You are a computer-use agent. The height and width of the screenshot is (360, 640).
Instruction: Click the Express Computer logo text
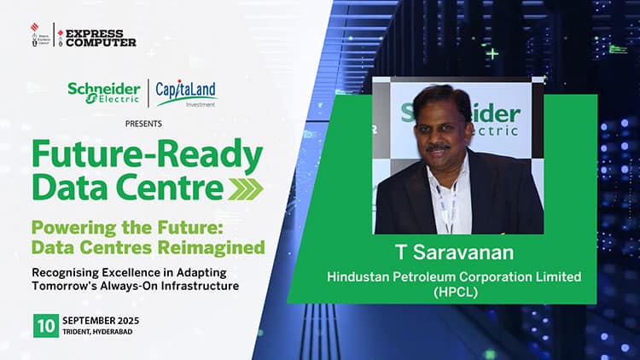pos(101,38)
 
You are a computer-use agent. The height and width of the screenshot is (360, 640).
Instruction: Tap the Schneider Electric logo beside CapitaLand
pos(104,94)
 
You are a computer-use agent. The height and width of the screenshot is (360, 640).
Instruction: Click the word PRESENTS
pos(143,124)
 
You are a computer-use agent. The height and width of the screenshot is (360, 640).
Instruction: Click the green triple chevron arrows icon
pos(245,189)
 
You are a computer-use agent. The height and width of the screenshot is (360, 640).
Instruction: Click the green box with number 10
pos(46,326)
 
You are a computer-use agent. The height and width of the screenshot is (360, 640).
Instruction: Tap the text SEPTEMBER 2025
pos(101,321)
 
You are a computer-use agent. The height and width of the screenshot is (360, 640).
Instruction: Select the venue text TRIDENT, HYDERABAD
pos(97,332)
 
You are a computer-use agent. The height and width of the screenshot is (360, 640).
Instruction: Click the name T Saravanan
pos(455,253)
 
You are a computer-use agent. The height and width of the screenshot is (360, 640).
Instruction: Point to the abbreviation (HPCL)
pos(456,293)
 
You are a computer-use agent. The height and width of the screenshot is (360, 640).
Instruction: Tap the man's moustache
pos(438,148)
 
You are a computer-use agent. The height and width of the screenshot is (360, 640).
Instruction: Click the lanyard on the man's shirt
pos(448,206)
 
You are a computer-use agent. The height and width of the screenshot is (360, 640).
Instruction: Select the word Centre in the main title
pos(169,188)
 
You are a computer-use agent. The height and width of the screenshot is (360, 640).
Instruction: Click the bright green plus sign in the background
pos(493,54)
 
